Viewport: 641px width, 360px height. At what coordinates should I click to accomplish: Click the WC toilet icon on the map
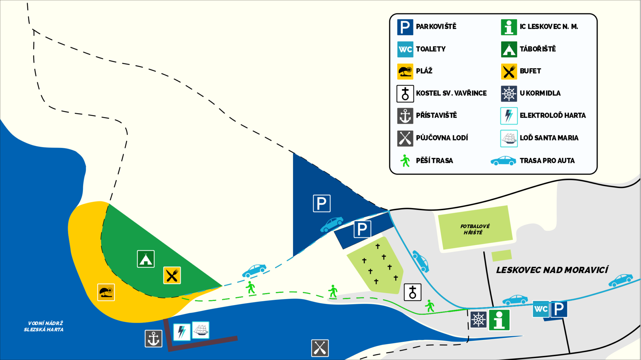pos(541,309)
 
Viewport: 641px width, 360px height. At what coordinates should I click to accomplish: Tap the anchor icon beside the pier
pos(153,338)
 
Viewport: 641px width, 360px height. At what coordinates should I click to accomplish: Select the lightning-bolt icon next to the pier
pos(182,332)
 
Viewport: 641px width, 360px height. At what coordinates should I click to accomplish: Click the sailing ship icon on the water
pos(201,330)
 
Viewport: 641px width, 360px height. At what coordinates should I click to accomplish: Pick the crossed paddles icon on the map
pos(320,348)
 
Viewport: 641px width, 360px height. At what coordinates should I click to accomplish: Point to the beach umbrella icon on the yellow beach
pos(106,292)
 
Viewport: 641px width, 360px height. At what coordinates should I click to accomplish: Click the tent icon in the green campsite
pos(146,259)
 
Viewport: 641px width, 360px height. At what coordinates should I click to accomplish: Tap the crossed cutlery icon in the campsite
pos(172,275)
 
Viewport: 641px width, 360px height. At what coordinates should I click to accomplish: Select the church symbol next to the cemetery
pos(413,292)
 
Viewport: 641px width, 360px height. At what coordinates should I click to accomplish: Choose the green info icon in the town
pos(499,320)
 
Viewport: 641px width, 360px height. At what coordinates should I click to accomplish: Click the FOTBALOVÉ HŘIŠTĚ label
pos(474,229)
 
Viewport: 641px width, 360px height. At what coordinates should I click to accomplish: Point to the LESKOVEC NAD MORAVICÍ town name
pos(552,270)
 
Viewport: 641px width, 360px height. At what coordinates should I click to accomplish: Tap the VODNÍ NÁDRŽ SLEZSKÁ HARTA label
pos(44,326)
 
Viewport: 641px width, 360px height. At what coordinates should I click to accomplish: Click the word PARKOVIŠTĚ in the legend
pos(436,27)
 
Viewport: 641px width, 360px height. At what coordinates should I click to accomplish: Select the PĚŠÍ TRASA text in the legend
pos(434,161)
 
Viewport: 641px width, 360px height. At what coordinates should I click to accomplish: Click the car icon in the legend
pos(503,161)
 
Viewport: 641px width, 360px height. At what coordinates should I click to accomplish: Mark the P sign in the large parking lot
pos(322,203)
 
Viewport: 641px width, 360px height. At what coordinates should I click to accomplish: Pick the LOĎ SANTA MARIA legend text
pos(549,138)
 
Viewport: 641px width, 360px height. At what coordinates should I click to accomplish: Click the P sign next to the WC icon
pos(559,309)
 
